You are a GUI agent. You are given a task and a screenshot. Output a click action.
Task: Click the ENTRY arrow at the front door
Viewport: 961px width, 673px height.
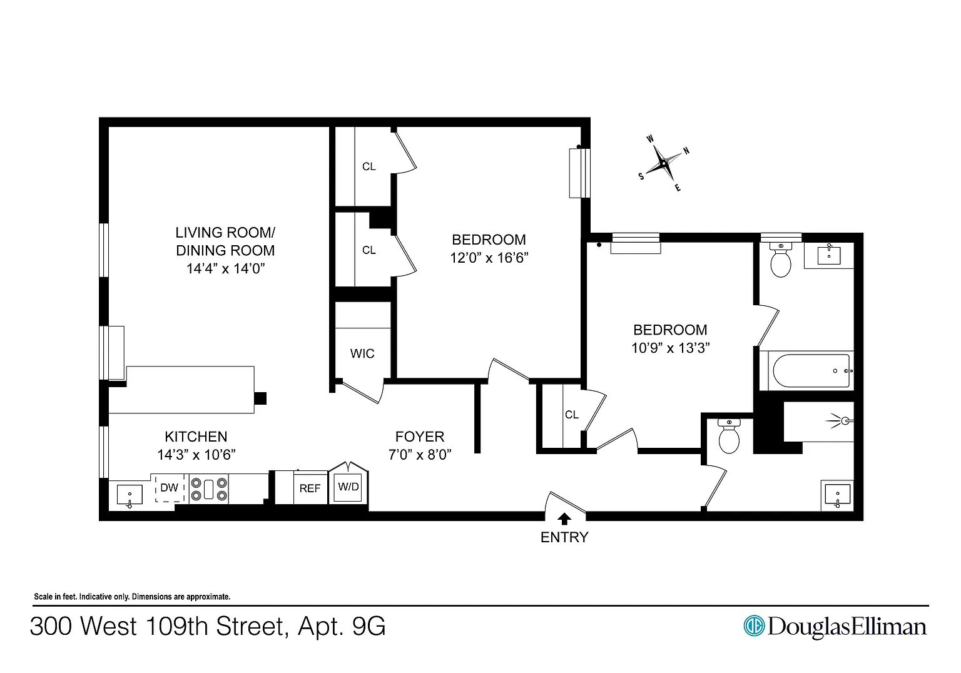(564, 519)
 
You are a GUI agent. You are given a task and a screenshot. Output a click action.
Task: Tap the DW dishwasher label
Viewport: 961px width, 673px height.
(170, 488)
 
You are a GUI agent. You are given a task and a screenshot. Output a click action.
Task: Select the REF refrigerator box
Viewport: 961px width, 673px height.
(310, 488)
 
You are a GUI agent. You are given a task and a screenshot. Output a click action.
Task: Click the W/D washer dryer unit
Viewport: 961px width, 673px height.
(348, 487)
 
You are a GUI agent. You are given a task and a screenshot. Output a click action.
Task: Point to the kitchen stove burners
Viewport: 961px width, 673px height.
(209, 489)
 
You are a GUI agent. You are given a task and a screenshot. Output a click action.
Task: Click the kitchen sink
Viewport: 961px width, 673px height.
(130, 495)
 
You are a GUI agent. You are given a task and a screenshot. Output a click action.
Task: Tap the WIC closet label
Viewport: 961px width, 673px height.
(362, 353)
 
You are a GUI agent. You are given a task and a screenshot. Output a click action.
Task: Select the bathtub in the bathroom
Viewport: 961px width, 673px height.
(811, 371)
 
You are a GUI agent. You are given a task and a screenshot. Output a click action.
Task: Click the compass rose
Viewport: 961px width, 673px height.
(663, 163)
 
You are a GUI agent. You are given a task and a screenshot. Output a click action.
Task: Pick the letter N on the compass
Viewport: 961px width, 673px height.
(686, 151)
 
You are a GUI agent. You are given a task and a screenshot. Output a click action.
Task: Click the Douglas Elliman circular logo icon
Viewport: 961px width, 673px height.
(754, 626)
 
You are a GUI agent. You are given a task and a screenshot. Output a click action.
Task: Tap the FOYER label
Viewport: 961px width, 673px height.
(420, 437)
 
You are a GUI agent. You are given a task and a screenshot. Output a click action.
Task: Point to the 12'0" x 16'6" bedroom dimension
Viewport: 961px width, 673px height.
(489, 257)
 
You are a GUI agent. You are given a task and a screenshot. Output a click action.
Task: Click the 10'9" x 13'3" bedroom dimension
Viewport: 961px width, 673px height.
(670, 348)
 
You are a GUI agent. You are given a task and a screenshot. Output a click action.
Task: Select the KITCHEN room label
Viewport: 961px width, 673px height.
(196, 437)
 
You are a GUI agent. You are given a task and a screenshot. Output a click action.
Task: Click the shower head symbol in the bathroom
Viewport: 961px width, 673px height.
(840, 421)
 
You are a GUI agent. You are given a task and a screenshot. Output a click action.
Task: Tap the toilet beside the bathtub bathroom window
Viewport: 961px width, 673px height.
(780, 260)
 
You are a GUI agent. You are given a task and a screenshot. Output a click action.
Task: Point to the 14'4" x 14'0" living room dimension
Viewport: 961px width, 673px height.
(226, 268)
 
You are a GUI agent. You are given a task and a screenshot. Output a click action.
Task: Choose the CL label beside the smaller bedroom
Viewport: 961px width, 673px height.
(572, 415)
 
